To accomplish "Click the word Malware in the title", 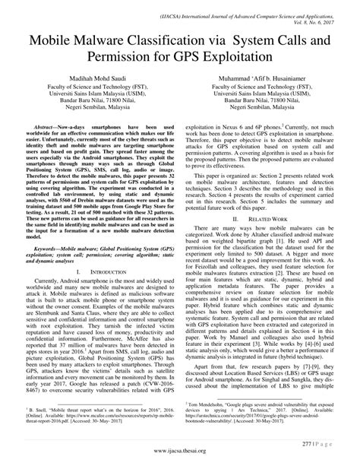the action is pyautogui.click(x=101, y=40).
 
